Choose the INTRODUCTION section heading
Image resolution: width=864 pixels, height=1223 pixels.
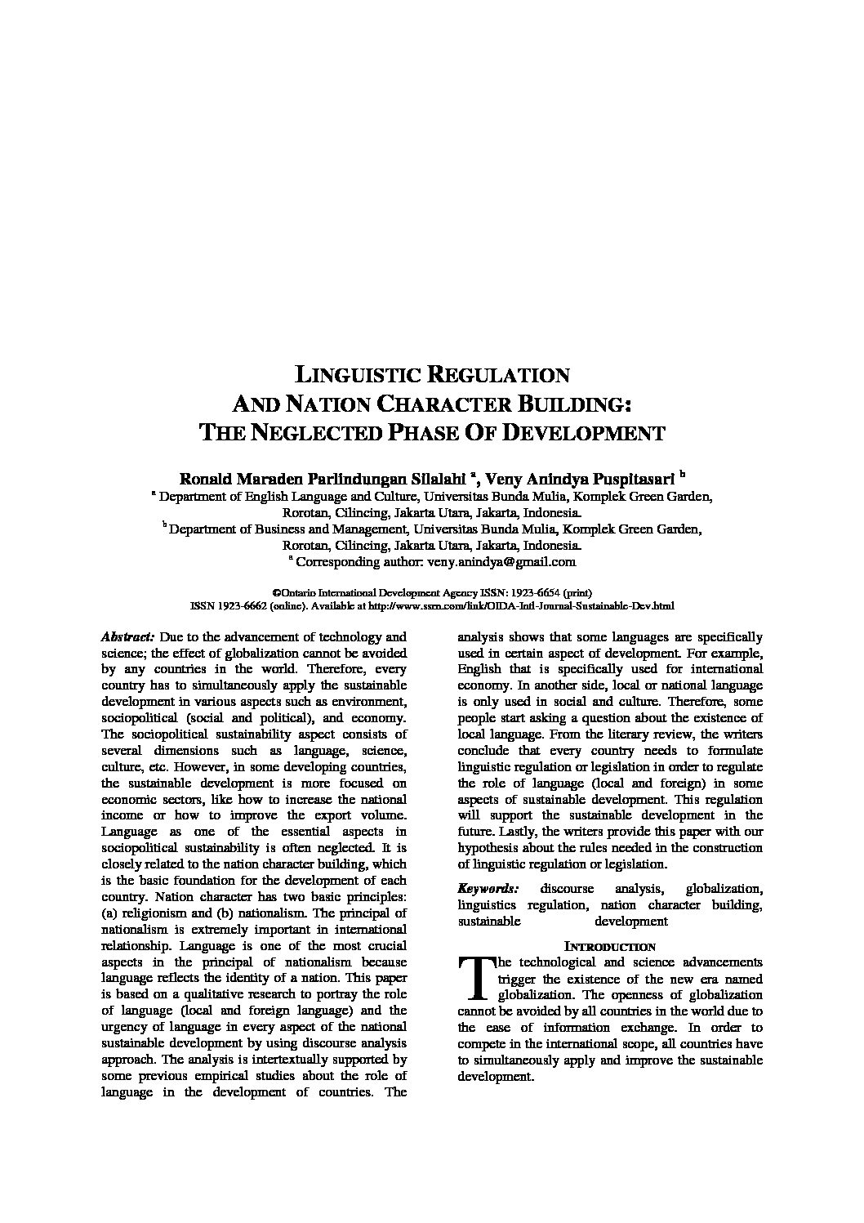[x=610, y=947]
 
